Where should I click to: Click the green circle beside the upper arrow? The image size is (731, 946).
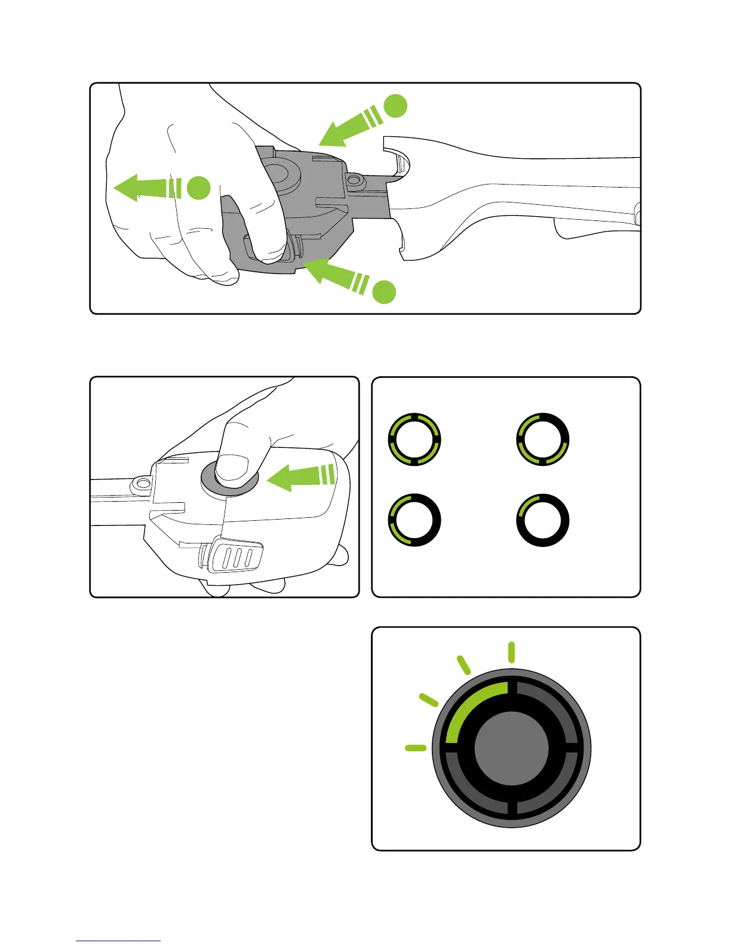(395, 106)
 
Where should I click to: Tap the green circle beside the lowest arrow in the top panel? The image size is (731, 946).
(385, 291)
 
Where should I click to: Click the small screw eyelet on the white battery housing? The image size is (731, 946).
(142, 482)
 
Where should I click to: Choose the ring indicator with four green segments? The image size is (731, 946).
(414, 439)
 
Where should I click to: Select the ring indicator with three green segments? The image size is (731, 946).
(542, 439)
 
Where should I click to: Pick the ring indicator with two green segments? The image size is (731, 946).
(414, 520)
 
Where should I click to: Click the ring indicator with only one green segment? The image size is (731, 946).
(542, 520)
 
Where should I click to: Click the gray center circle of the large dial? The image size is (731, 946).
(511, 748)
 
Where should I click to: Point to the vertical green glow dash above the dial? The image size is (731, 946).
(511, 652)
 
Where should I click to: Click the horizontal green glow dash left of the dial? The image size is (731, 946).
(415, 748)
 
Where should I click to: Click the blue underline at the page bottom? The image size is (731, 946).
(118, 941)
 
